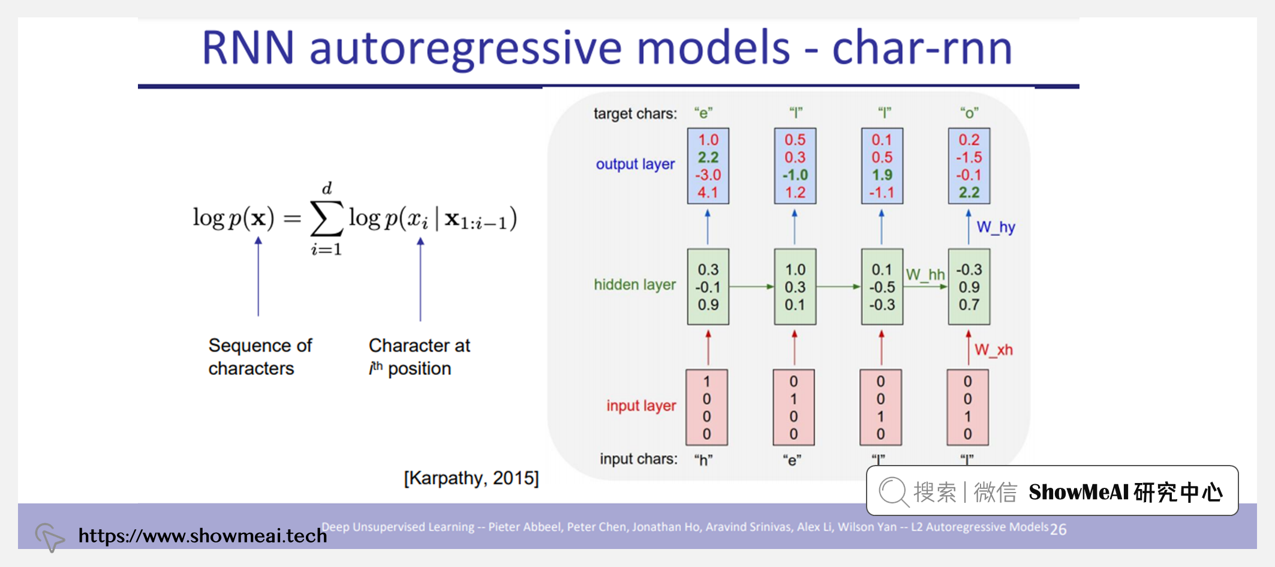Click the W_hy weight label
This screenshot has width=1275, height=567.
coord(996,227)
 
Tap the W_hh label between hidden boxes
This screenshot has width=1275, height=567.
coord(925,275)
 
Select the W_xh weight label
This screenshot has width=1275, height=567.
coord(993,350)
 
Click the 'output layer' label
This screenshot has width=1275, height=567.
coord(635,164)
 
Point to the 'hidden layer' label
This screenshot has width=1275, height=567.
coord(635,284)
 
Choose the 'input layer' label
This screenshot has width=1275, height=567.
coord(640,406)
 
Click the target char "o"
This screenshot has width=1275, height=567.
coord(969,113)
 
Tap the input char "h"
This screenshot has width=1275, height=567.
coord(703,460)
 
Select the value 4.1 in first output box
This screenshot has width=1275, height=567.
coord(708,193)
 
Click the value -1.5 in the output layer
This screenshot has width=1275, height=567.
coord(969,157)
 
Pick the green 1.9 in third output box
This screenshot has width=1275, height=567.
coord(882,175)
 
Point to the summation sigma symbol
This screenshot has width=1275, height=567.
coord(327,218)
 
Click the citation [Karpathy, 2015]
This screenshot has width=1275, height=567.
coord(471,478)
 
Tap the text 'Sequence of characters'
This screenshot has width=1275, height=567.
coord(260,356)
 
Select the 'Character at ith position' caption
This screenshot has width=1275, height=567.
coord(419,356)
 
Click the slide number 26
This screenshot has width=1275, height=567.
coord(1058,529)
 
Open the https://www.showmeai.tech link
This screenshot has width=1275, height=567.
coord(202,535)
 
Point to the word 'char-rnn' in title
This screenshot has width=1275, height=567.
coord(922,48)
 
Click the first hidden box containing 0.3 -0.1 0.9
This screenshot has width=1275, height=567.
coord(708,287)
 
